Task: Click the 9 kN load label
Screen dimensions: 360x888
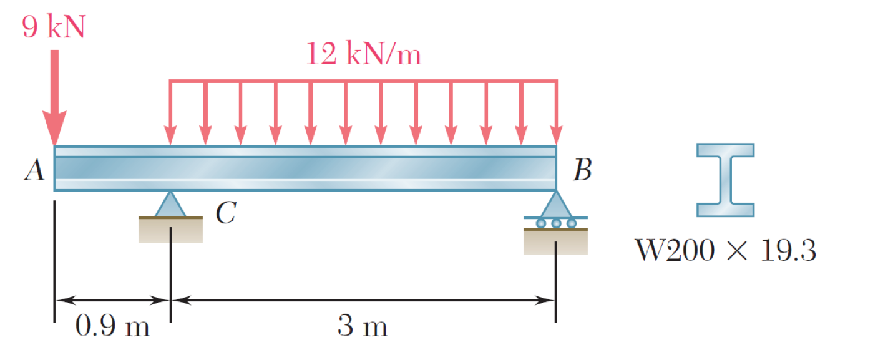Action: click(53, 27)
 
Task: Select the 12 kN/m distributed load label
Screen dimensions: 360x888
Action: click(363, 56)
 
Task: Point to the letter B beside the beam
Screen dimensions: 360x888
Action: click(582, 170)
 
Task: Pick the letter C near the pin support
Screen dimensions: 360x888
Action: click(225, 214)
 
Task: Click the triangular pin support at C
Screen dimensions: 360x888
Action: click(170, 206)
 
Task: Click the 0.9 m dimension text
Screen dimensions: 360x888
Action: click(112, 326)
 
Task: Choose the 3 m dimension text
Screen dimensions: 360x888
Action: click(363, 326)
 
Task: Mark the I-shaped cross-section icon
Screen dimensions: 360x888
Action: click(725, 180)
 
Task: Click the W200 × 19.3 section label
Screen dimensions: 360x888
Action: click(725, 251)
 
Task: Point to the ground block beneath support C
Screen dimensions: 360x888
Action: click(170, 230)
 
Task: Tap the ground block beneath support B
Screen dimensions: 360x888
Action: click(555, 241)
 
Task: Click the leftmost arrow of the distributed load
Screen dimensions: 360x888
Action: click(170, 112)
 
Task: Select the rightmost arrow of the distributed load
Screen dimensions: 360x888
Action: click(556, 112)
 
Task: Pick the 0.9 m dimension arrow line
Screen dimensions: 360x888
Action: click(112, 300)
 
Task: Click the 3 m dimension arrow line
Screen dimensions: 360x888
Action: click(363, 300)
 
